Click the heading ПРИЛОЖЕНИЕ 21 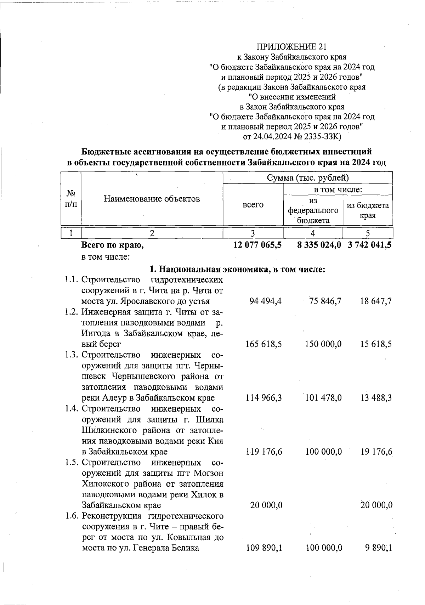[291, 47]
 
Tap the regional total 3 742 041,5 [369, 245]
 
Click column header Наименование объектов [152, 199]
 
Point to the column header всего [253, 204]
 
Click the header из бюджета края [368, 210]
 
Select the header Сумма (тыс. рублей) [307, 177]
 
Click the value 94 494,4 [264, 301]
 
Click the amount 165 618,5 [263, 344]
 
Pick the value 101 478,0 [323, 398]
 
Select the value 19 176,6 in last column [376, 452]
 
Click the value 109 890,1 [264, 548]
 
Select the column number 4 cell [313, 233]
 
